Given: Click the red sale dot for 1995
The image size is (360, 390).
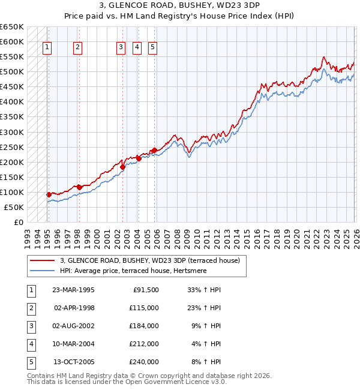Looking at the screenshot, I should [x=49, y=194].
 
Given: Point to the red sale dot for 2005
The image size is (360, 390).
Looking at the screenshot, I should [x=154, y=150].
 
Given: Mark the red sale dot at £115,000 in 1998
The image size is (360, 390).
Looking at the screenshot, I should [x=79, y=187].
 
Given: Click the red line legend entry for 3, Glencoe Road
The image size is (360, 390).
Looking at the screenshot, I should [x=149, y=260].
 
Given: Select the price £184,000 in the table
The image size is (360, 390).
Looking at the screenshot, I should [x=144, y=326].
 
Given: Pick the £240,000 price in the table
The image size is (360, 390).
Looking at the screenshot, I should [x=144, y=362].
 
